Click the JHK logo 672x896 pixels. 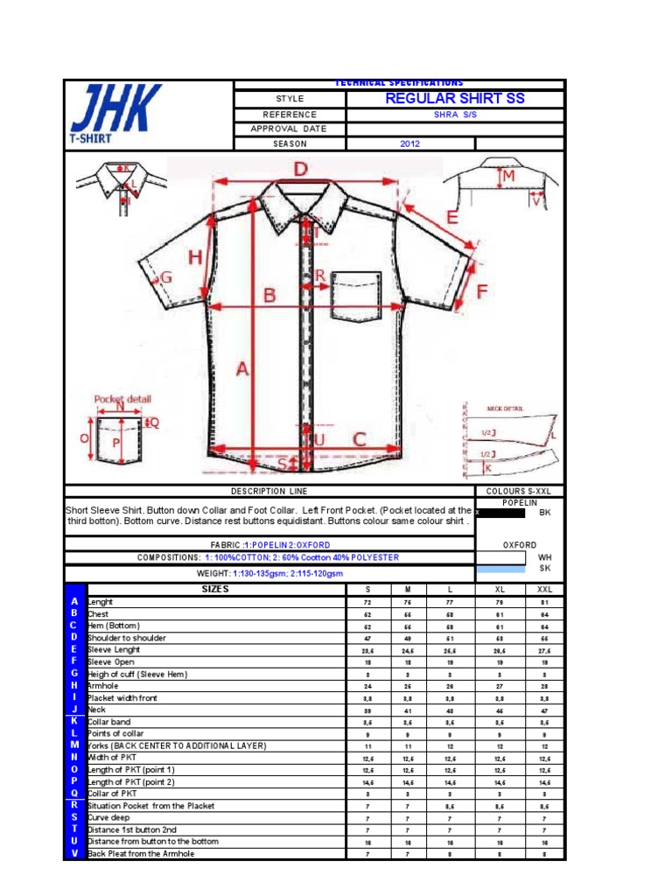115,113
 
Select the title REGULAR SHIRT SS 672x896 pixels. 455,98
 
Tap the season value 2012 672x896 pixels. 410,143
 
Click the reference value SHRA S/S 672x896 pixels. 455,115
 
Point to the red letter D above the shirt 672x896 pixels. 300,169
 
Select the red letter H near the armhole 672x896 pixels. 195,256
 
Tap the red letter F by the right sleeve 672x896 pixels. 481,291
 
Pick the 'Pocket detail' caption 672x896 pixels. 122,399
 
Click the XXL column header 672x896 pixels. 544,590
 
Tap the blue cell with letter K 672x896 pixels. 74,721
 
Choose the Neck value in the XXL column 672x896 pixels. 544,710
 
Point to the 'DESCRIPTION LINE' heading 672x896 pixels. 269,492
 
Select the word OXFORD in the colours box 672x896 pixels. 519,544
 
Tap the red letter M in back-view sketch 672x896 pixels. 508,177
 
